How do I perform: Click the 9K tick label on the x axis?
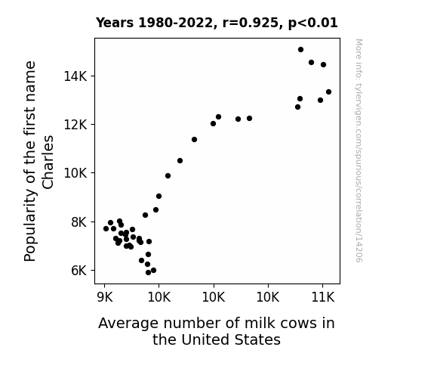[x=105, y=298]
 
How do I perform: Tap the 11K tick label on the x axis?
[x=323, y=298]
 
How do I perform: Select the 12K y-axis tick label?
[x=75, y=125]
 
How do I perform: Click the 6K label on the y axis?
[x=79, y=271]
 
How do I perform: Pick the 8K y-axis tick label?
[x=79, y=222]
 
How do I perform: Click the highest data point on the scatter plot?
[x=300, y=50]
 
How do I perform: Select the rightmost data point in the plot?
[x=328, y=91]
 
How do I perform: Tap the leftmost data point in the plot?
[x=106, y=228]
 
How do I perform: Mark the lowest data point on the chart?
[x=148, y=273]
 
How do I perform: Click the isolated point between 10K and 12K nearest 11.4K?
[x=194, y=140]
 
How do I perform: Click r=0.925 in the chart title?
[x=251, y=23]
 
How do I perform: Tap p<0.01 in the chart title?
[x=312, y=23]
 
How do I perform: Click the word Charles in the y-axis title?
[x=48, y=163]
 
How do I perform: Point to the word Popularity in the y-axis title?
[x=30, y=225]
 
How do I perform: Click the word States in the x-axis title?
[x=257, y=339]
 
